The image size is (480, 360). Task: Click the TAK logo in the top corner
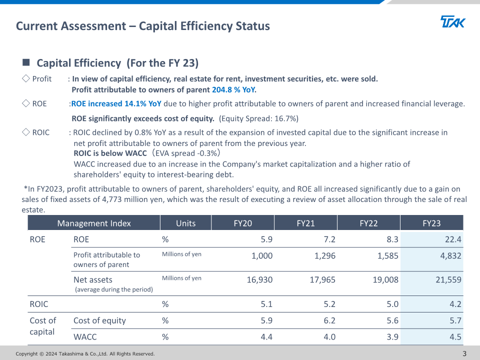tap(453, 21)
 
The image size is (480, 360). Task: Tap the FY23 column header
tap(431, 223)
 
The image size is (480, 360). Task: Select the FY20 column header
tap(243, 223)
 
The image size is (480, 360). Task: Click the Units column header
tap(186, 223)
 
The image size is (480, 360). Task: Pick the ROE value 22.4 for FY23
tap(453, 239)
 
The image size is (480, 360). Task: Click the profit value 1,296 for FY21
tap(325, 255)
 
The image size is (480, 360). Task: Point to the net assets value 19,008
tap(385, 279)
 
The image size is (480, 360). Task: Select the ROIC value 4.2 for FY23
tap(455, 304)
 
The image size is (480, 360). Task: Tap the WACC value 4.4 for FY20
tap(266, 336)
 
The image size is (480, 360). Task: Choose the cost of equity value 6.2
tap(329, 320)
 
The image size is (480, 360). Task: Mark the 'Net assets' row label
tap(93, 279)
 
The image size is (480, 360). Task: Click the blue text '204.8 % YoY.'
tap(234, 89)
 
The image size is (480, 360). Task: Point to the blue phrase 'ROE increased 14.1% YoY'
tap(116, 104)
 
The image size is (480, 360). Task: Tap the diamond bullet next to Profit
tap(26, 78)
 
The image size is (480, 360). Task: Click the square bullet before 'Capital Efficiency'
tap(26, 62)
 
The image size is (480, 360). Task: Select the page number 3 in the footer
tap(464, 353)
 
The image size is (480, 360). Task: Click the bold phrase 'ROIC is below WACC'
tap(110, 153)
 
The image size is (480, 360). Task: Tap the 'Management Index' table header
tap(94, 223)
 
